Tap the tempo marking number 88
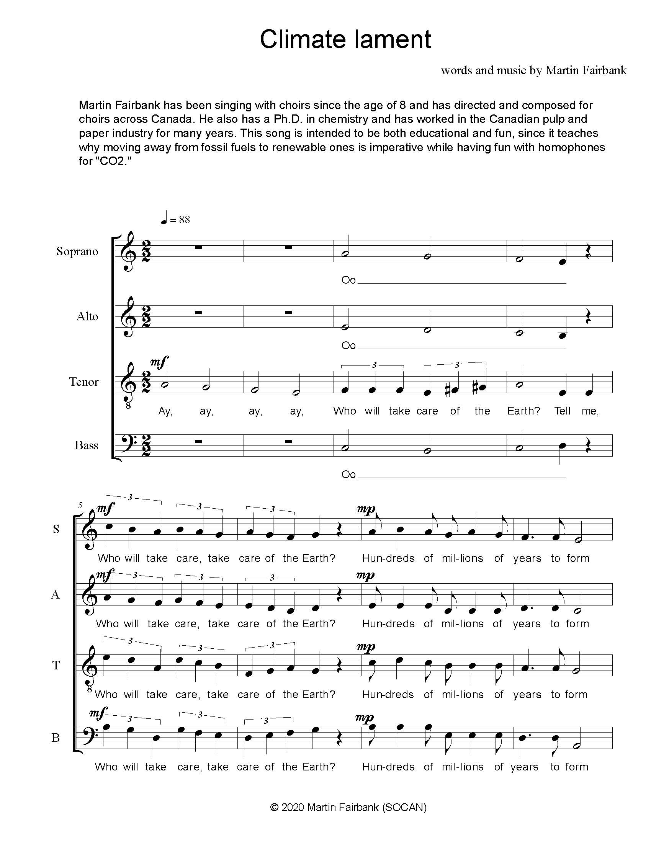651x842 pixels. (x=184, y=220)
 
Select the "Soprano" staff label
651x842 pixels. (x=77, y=251)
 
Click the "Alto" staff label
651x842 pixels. (x=87, y=317)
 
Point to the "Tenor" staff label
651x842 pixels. (x=84, y=382)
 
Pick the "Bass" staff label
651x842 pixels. (x=87, y=445)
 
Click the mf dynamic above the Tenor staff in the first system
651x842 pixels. (x=159, y=362)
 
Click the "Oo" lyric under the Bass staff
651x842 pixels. (x=348, y=474)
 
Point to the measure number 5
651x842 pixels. (x=80, y=505)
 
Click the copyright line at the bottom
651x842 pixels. (x=348, y=807)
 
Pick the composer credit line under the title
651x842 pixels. (x=534, y=70)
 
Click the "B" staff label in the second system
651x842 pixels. (x=56, y=738)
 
